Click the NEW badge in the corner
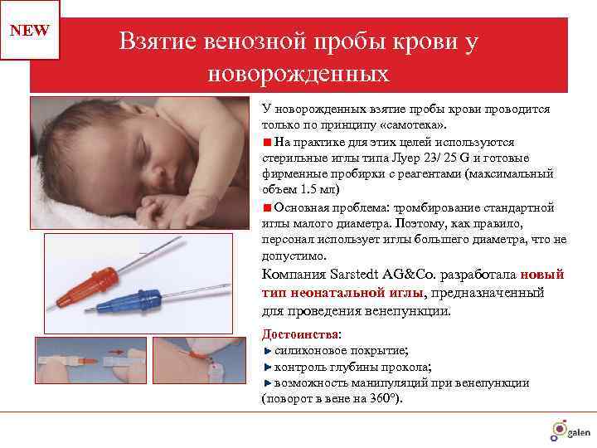coord(30,31)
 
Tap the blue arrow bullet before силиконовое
coord(267,351)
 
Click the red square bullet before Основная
coord(267,207)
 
